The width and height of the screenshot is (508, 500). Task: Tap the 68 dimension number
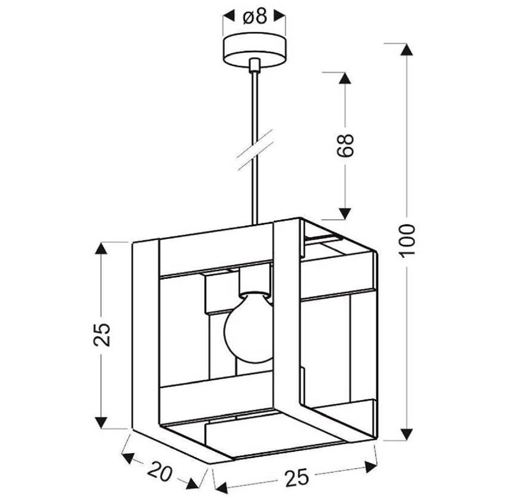coord(345,145)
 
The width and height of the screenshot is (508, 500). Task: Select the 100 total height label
coord(406,241)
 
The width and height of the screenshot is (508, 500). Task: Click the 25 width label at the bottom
coord(297,477)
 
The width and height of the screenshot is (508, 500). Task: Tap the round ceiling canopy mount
coord(254,51)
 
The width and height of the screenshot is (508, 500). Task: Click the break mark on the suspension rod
coord(254,150)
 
